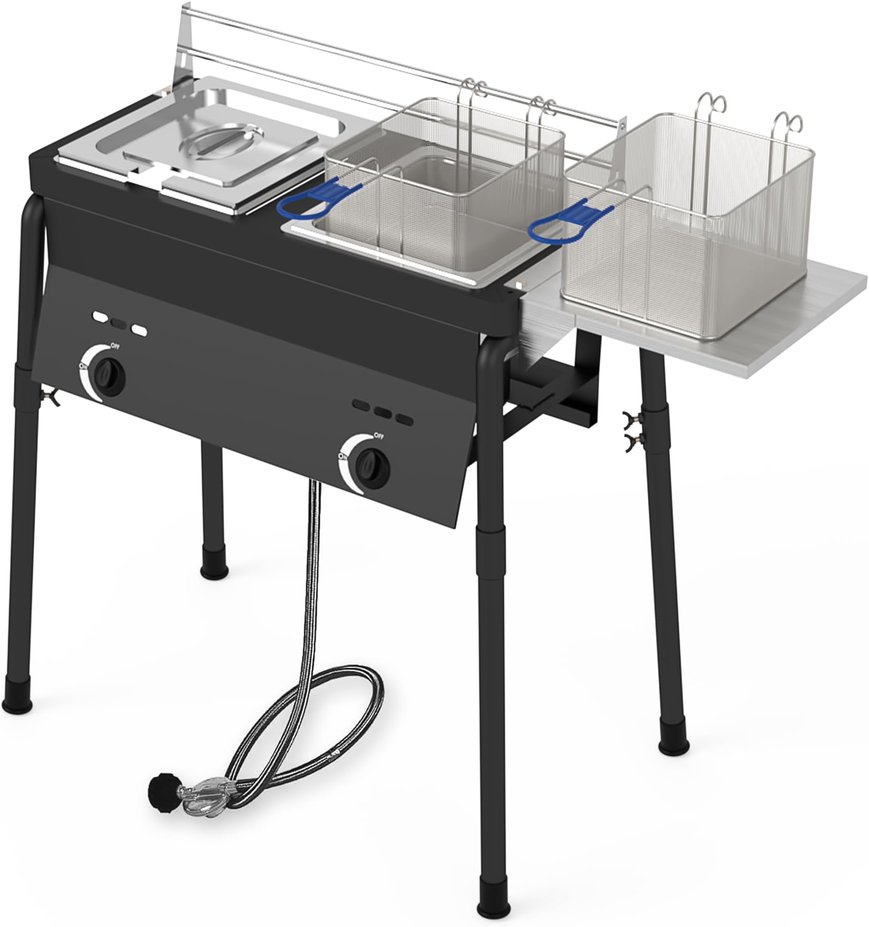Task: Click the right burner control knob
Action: coord(373,464)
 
